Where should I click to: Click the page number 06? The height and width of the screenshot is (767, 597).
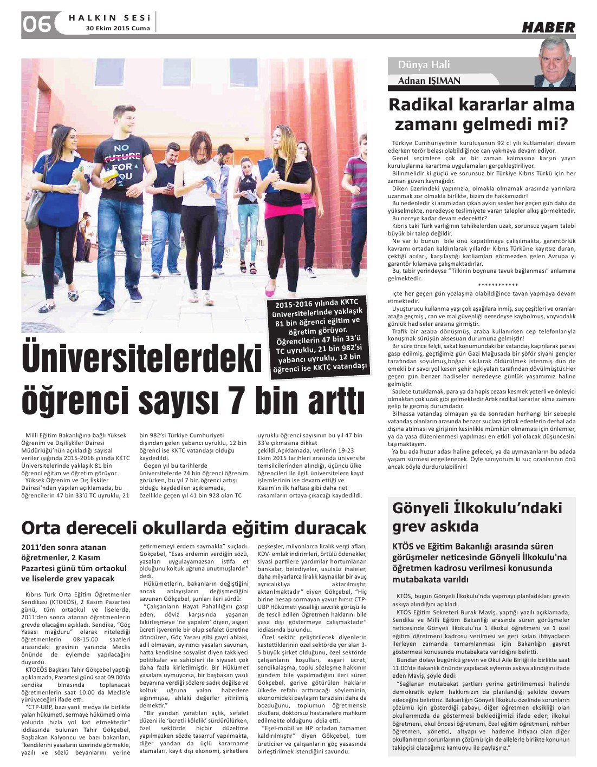click(37, 24)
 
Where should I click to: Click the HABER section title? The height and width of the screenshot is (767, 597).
click(548, 27)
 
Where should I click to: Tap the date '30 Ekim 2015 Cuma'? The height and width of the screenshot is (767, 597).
click(118, 29)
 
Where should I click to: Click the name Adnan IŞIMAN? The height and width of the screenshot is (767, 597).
click(429, 81)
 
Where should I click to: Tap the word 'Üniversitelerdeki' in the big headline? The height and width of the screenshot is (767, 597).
click(142, 358)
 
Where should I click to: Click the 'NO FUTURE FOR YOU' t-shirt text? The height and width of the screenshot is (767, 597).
click(123, 161)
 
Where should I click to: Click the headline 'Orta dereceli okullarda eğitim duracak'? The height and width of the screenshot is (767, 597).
click(193, 527)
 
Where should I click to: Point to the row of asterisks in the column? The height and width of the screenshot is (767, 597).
click(498, 285)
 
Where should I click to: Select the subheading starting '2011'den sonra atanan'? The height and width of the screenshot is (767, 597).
click(74, 563)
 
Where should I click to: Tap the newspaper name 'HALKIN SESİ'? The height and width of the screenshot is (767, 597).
click(109, 18)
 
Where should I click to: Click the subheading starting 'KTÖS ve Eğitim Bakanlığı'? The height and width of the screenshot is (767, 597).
click(479, 562)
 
